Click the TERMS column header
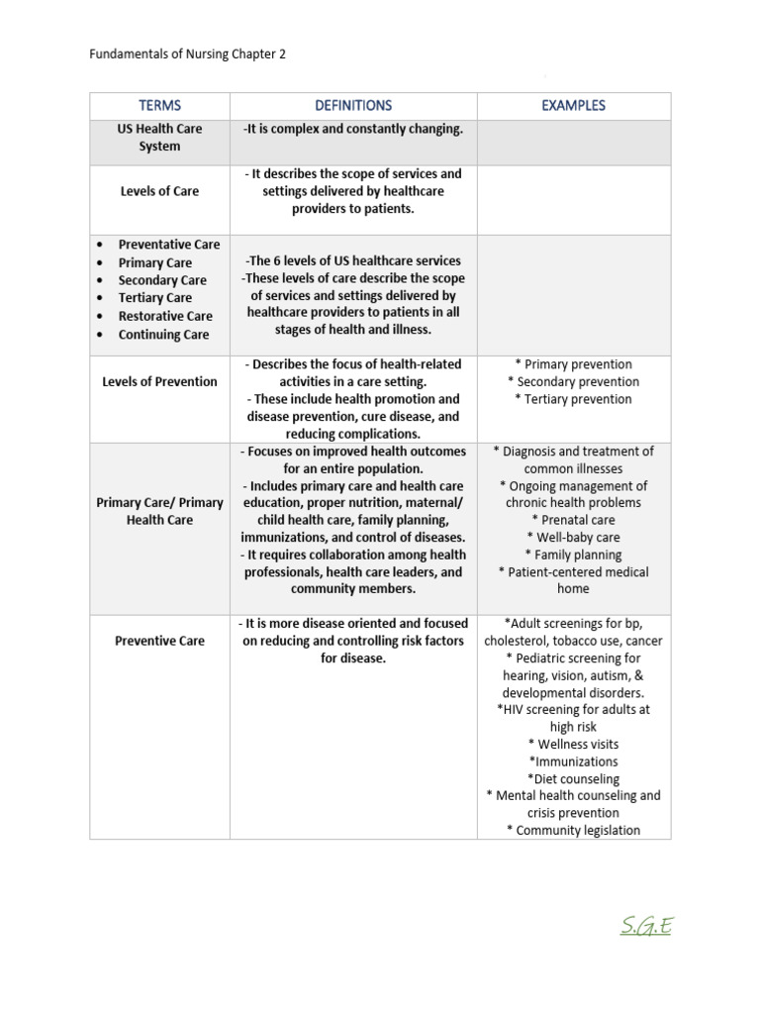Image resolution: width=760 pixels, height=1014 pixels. point(159,105)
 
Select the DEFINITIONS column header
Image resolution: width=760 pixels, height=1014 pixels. point(353,105)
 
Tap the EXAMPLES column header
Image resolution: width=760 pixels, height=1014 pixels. point(573,105)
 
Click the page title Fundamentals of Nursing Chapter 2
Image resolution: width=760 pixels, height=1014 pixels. point(187,54)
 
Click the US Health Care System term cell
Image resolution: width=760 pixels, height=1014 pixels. point(159,138)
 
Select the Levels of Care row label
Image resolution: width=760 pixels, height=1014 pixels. point(159,191)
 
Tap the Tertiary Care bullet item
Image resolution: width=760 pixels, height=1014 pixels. point(154,298)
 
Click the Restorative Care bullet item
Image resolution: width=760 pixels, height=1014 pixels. point(165,316)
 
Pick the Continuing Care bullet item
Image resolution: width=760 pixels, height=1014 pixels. point(163,335)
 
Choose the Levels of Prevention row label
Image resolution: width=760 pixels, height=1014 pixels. point(159,381)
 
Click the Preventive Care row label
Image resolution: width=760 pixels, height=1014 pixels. point(159,641)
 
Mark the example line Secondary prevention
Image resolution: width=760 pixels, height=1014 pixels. point(573,382)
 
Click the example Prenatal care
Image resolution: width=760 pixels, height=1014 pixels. point(573,520)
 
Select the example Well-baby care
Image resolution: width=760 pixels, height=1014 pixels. point(573,538)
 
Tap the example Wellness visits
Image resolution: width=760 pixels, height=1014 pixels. point(573,744)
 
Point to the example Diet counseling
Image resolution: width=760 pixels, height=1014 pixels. point(573,779)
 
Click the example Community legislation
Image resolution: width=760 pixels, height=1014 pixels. point(573,831)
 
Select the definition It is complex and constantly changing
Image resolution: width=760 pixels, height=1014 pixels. point(353,129)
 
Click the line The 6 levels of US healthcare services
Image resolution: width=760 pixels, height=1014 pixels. point(353,260)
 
